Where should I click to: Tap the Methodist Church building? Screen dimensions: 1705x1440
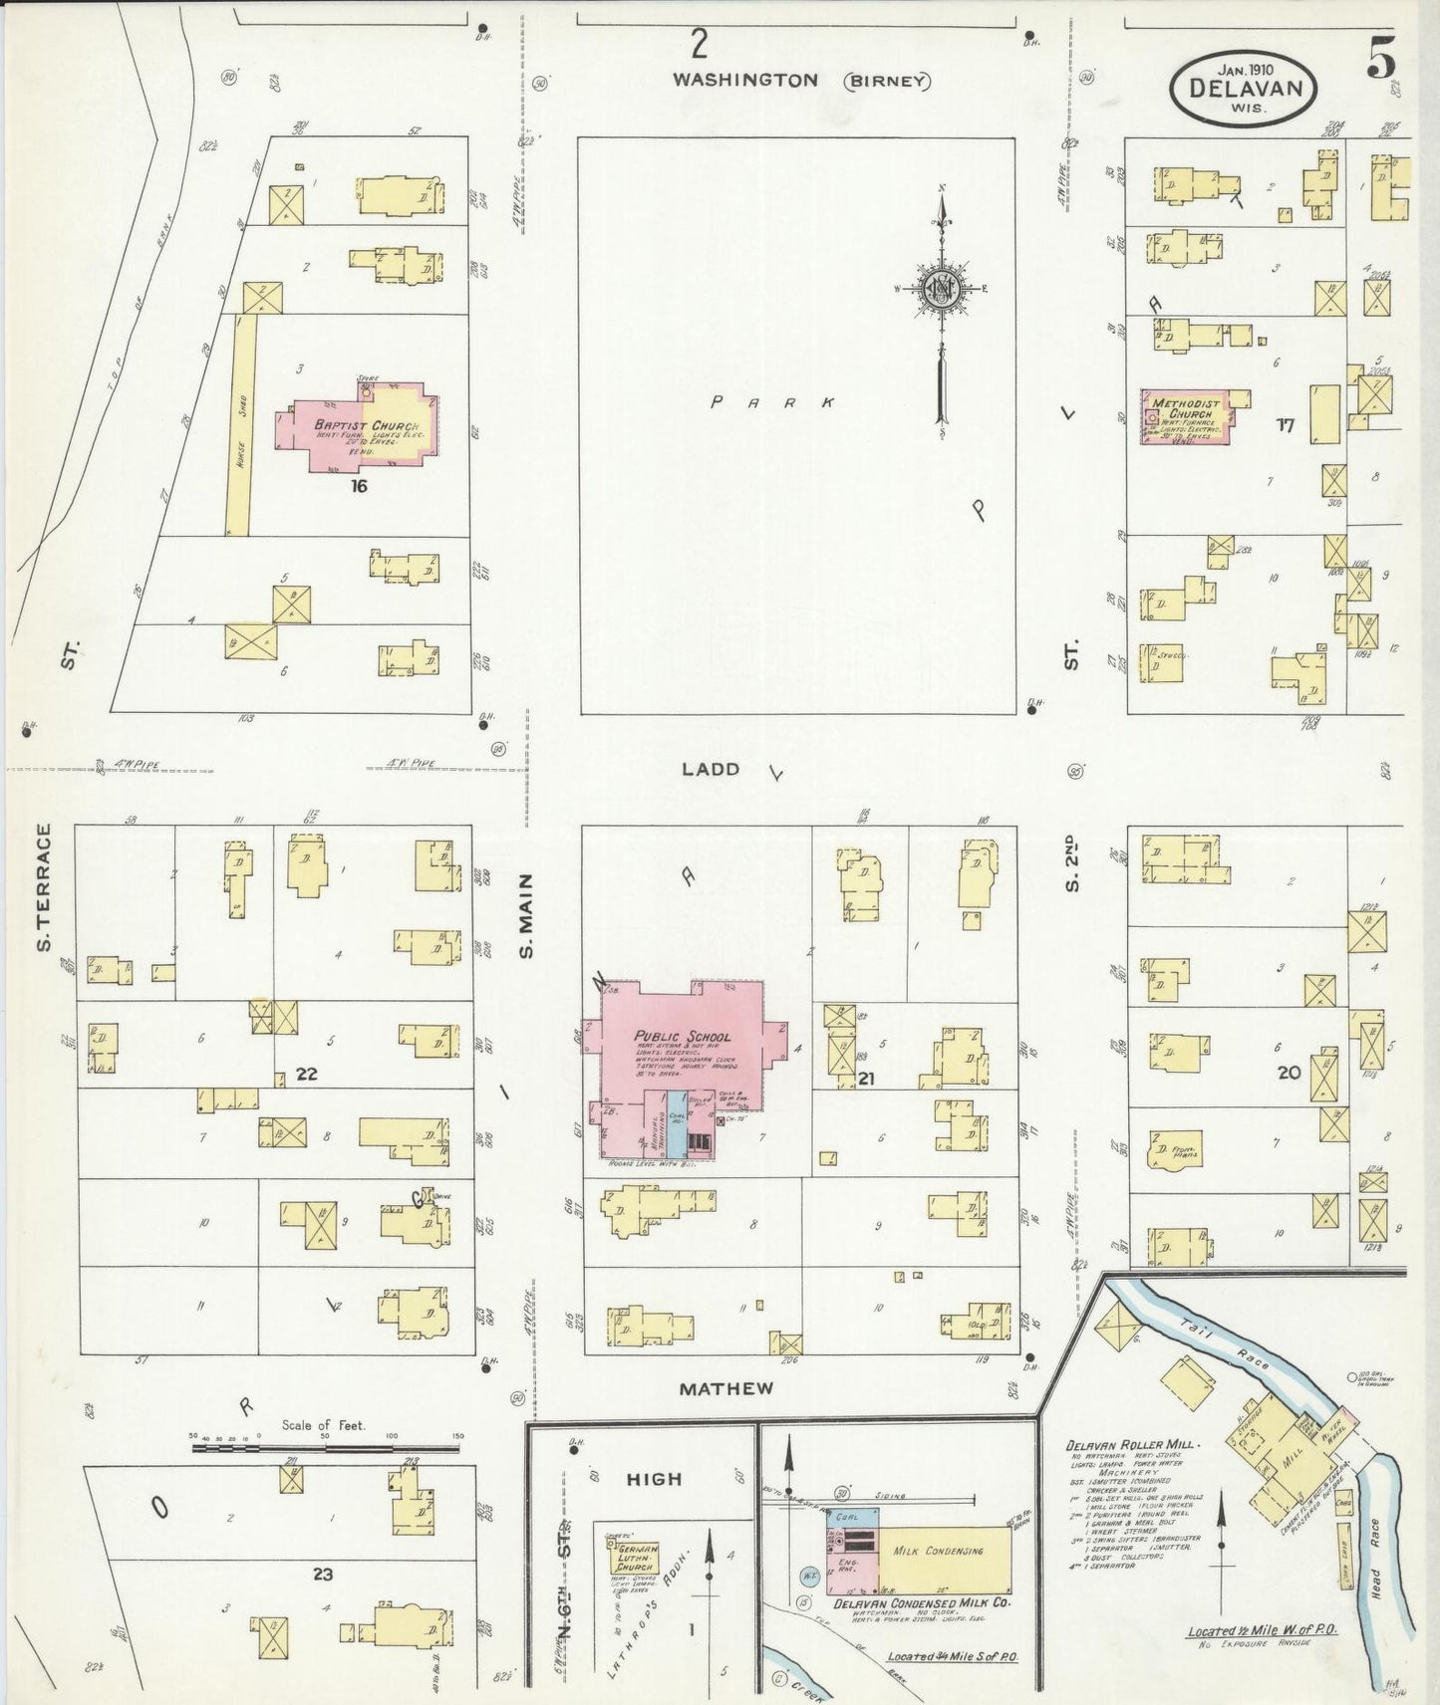click(x=1186, y=418)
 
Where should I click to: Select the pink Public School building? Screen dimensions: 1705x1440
click(x=688, y=1056)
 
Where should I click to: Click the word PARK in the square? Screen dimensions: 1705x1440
click(x=772, y=402)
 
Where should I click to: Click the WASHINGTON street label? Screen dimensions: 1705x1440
click(x=744, y=81)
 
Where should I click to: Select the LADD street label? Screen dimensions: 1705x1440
click(x=711, y=769)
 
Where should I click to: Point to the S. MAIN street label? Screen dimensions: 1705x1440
click(x=528, y=916)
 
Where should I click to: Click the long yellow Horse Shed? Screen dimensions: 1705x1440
click(x=239, y=425)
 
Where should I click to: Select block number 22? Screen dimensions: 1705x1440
click(x=306, y=1074)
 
